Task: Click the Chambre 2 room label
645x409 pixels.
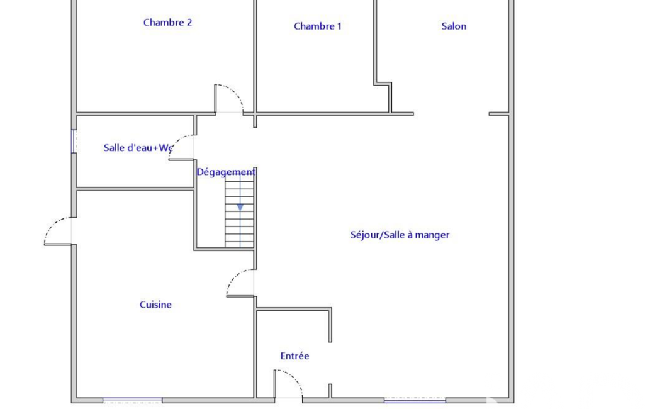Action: [167, 23]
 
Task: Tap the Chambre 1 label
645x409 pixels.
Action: [318, 26]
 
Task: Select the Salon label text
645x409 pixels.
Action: [454, 26]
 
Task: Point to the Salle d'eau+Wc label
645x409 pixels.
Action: [138, 148]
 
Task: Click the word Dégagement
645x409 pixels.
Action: [226, 172]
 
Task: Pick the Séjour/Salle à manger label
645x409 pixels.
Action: [400, 235]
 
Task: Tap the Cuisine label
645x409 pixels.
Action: [155, 305]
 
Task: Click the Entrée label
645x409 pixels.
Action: [294, 356]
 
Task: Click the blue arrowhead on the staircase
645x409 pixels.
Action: [240, 208]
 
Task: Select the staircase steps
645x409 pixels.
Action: [239, 211]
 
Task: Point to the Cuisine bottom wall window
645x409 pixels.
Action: [132, 400]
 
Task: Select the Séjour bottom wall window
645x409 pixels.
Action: [415, 400]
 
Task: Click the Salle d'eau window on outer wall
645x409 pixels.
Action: [74, 141]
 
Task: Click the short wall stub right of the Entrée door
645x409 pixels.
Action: [330, 391]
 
